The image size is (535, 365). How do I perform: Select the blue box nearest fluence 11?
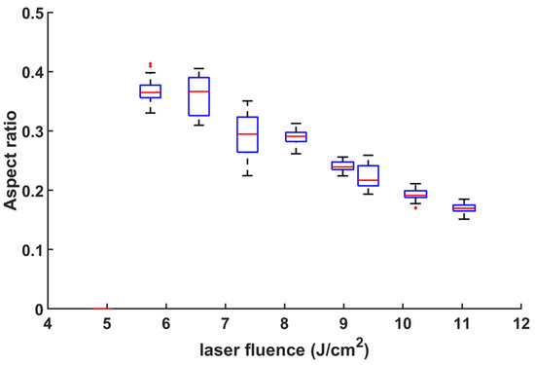coord(464,207)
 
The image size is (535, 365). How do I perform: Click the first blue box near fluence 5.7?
coord(150,91)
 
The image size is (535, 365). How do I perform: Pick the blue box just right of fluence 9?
coord(368,175)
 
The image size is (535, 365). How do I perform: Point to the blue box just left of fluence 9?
coord(342,165)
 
